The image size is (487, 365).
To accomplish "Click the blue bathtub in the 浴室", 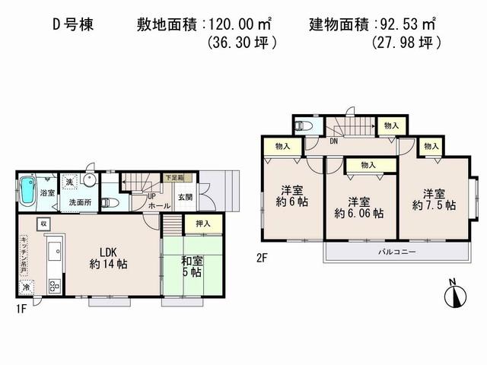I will coord(29,189).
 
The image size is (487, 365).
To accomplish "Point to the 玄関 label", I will coord(185,198).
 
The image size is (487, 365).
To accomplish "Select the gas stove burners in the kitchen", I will coord(54,287).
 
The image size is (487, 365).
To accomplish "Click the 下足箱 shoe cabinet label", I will coord(175,179).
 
